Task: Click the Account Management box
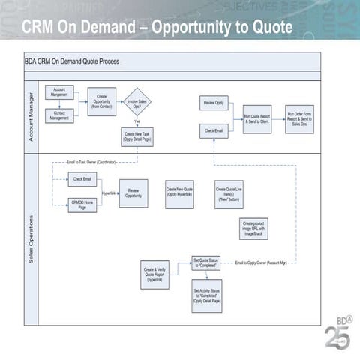(x=58, y=93)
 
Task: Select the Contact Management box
(x=58, y=115)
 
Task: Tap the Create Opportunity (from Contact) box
(x=102, y=102)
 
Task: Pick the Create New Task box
(x=137, y=136)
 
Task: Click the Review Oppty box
(x=214, y=102)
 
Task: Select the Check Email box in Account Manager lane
(x=214, y=130)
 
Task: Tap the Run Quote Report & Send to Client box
(x=257, y=118)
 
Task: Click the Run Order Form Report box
(x=299, y=118)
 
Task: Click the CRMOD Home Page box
(x=82, y=205)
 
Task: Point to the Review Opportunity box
(x=133, y=193)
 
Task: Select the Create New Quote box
(x=180, y=193)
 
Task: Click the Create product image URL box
(x=254, y=228)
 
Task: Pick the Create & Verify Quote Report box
(x=155, y=274)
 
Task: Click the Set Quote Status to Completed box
(x=206, y=263)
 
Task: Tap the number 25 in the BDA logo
(x=334, y=335)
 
